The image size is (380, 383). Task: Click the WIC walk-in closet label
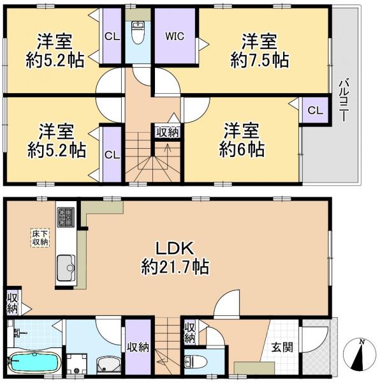(x=175, y=36)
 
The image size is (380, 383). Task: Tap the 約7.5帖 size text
(x=259, y=60)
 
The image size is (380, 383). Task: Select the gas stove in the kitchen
(x=66, y=216)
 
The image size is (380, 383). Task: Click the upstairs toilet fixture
(x=138, y=31)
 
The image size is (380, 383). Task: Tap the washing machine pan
(x=78, y=364)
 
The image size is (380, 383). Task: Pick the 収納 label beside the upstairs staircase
(x=168, y=131)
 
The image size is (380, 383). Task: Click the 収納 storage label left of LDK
(x=12, y=303)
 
